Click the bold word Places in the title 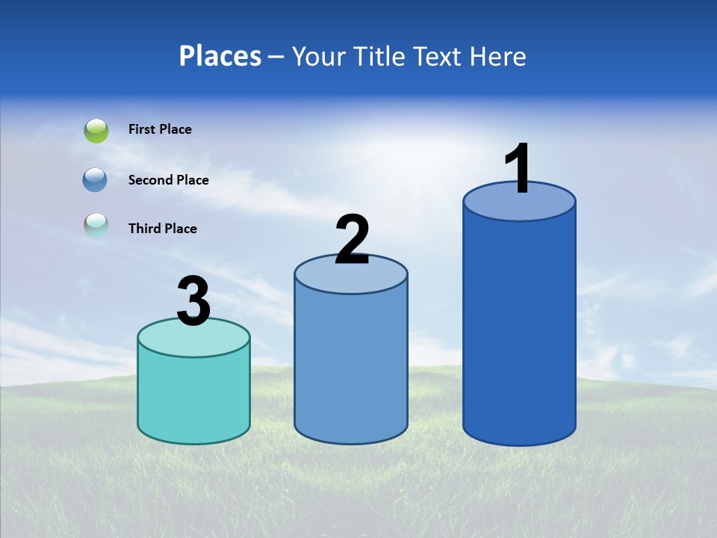click(x=220, y=56)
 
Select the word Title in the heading click(x=380, y=56)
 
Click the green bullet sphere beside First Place click(x=96, y=131)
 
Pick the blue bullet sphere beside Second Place click(x=96, y=180)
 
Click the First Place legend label click(x=160, y=129)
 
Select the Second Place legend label click(x=168, y=180)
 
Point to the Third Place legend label click(x=162, y=229)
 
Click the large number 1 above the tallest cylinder click(x=518, y=169)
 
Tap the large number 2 click(x=353, y=240)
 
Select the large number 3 click(x=194, y=302)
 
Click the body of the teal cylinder click(x=194, y=396)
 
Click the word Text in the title click(x=439, y=56)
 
